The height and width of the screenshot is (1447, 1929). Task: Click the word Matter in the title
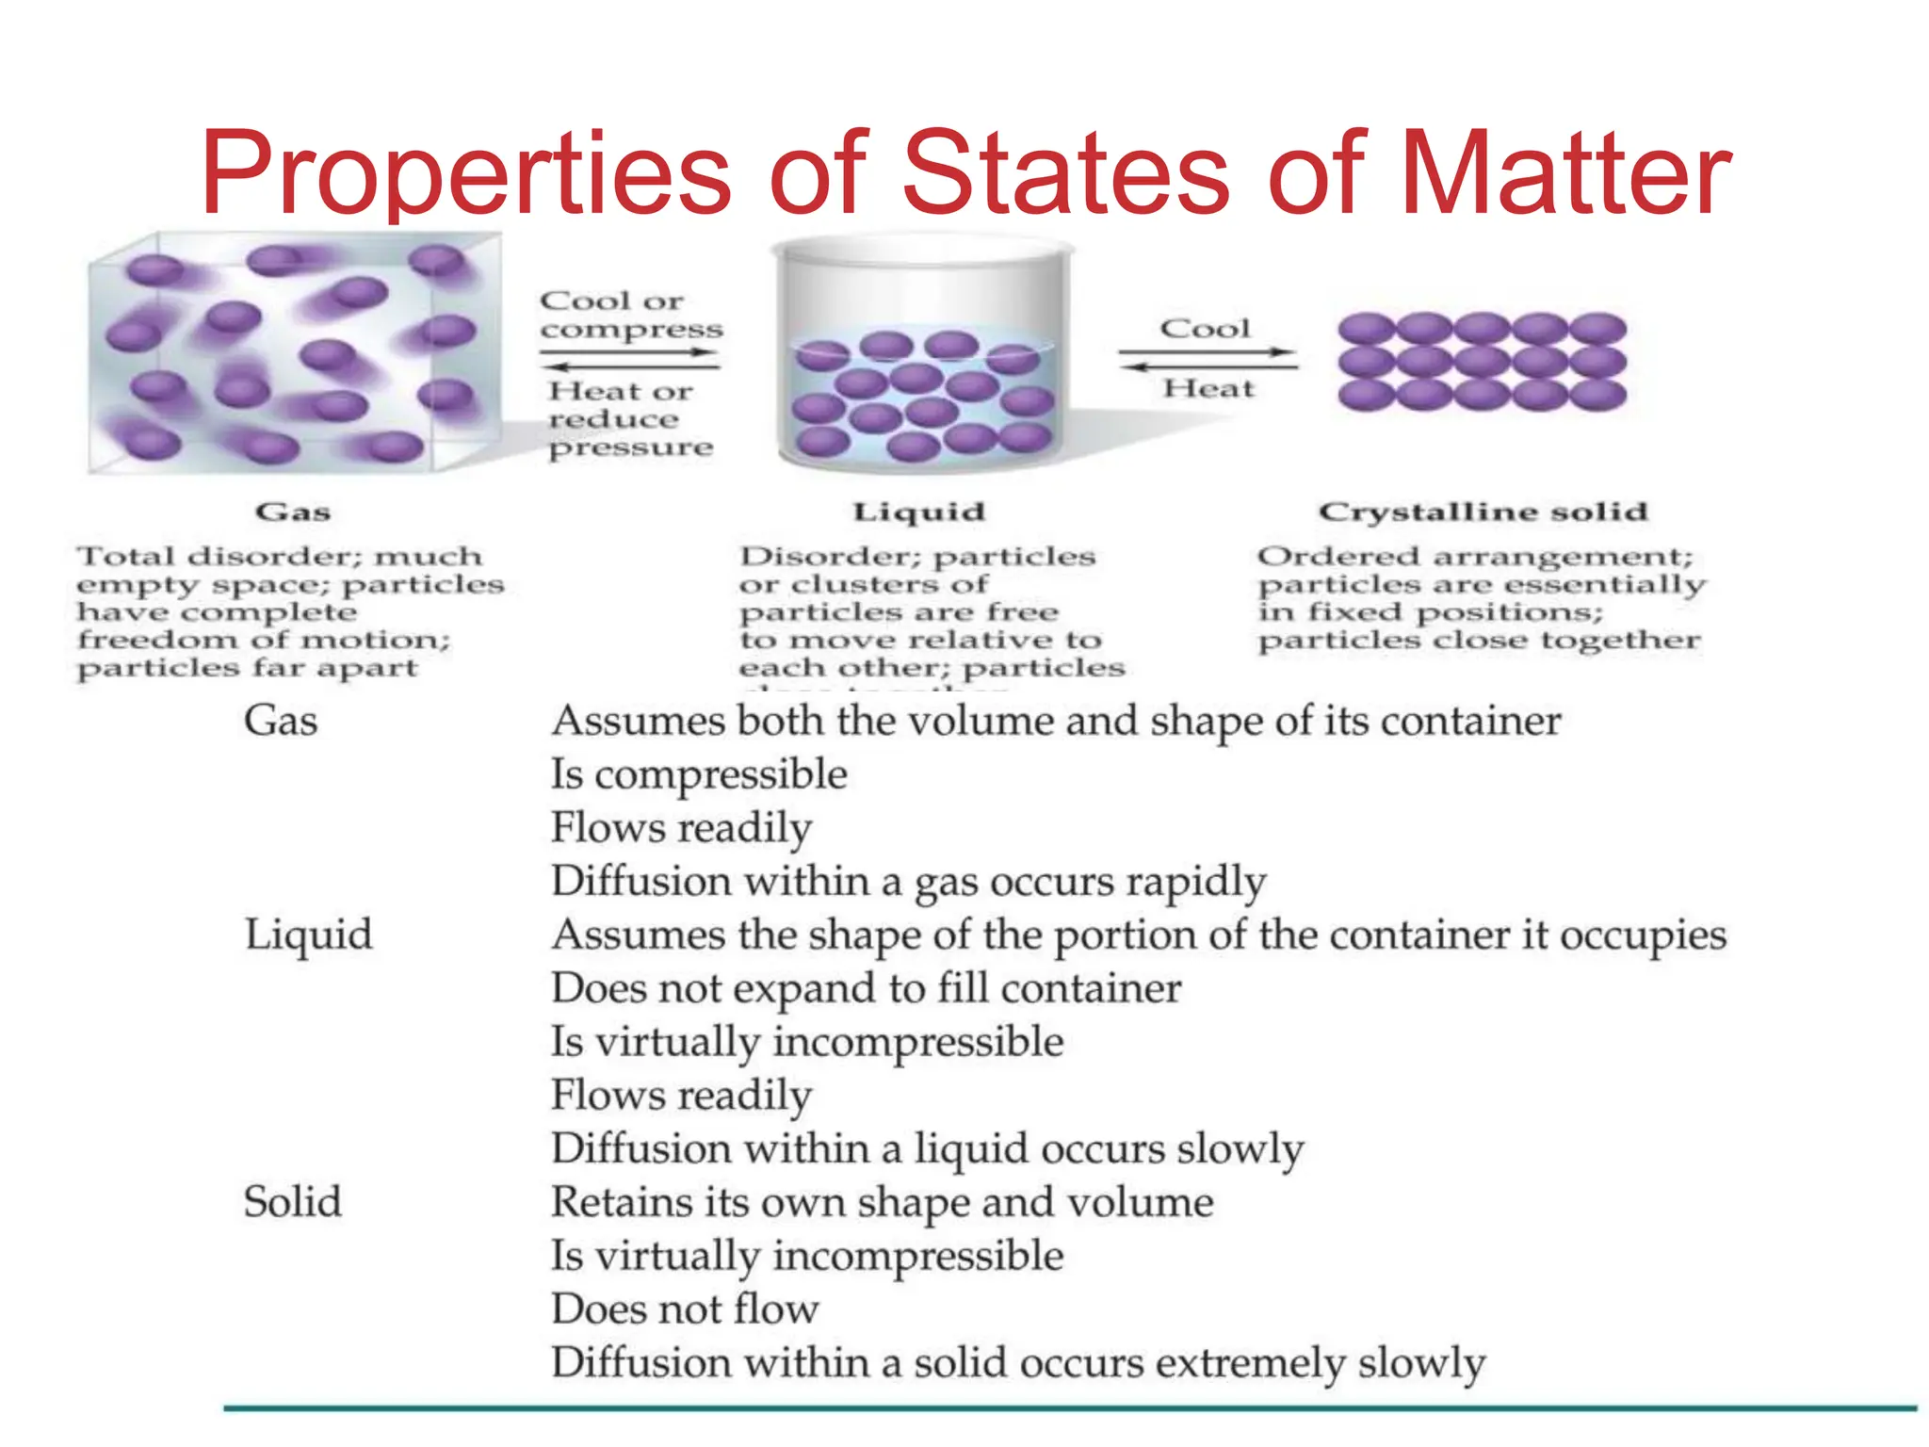tap(1564, 174)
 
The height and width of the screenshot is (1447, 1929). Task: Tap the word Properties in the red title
tap(466, 174)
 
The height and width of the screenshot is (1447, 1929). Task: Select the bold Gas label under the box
tap(293, 512)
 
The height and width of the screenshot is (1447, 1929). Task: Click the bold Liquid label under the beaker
tap(918, 512)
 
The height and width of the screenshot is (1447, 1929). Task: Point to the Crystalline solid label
tap(1483, 512)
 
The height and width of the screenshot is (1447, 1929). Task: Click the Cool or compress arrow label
tap(630, 315)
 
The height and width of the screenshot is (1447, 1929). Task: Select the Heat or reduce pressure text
tap(630, 418)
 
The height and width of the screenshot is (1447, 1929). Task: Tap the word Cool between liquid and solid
tap(1205, 328)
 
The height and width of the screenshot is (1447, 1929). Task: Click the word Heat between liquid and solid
tap(1208, 388)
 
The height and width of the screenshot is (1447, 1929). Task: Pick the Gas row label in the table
tap(281, 721)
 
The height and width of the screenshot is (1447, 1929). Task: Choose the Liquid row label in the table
tap(308, 935)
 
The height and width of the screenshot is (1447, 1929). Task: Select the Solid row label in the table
tap(292, 1202)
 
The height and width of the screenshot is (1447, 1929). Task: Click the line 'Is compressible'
tap(699, 774)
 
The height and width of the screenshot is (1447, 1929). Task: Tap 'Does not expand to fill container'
tap(866, 988)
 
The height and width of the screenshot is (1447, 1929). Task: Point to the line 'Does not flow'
tap(685, 1309)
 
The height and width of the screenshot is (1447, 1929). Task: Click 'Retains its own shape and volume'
tap(882, 1202)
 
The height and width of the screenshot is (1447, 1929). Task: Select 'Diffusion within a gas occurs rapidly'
tap(908, 882)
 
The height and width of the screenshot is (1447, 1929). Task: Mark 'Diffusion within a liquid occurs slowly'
tap(927, 1148)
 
